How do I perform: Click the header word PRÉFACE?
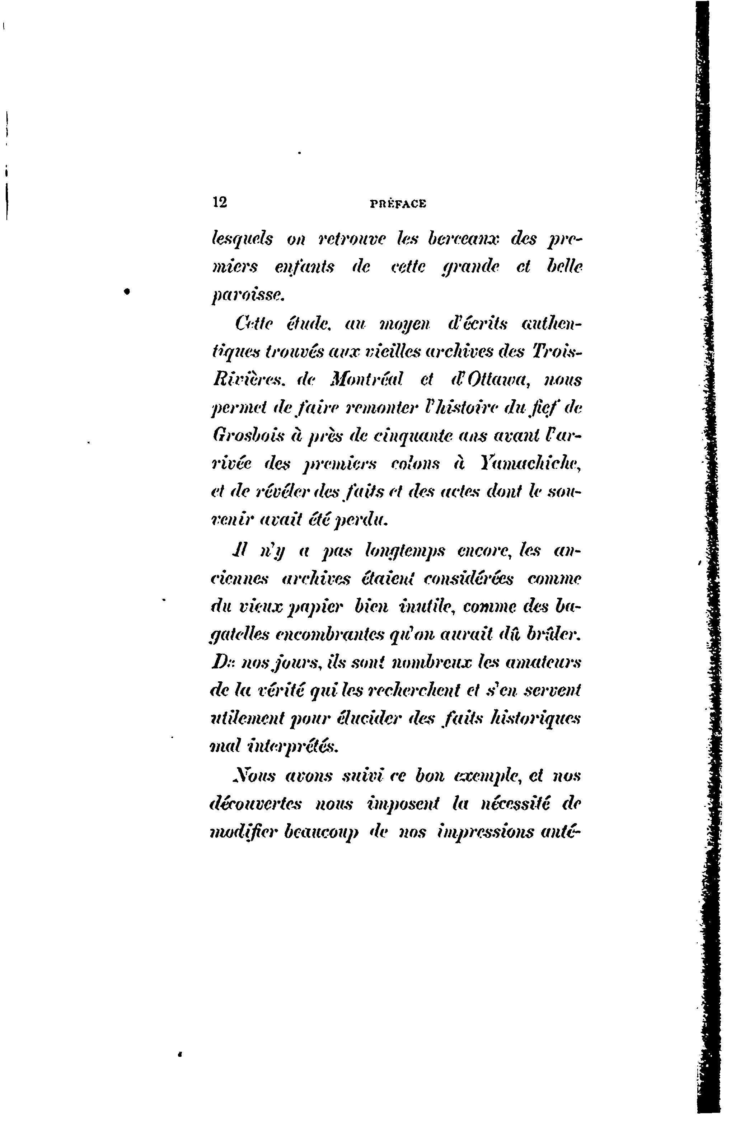point(398,204)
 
